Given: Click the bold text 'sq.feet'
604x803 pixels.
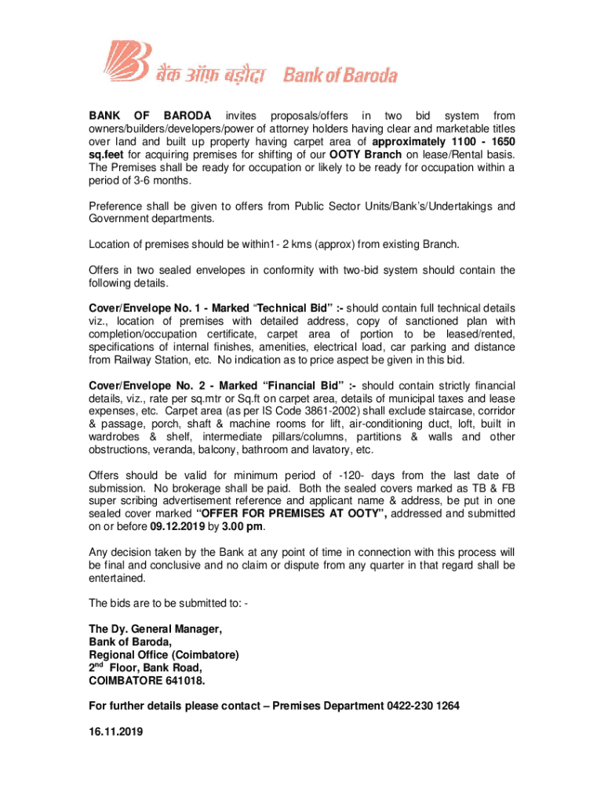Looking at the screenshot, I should coord(107,154).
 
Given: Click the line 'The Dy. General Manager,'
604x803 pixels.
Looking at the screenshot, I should coord(155,630).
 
